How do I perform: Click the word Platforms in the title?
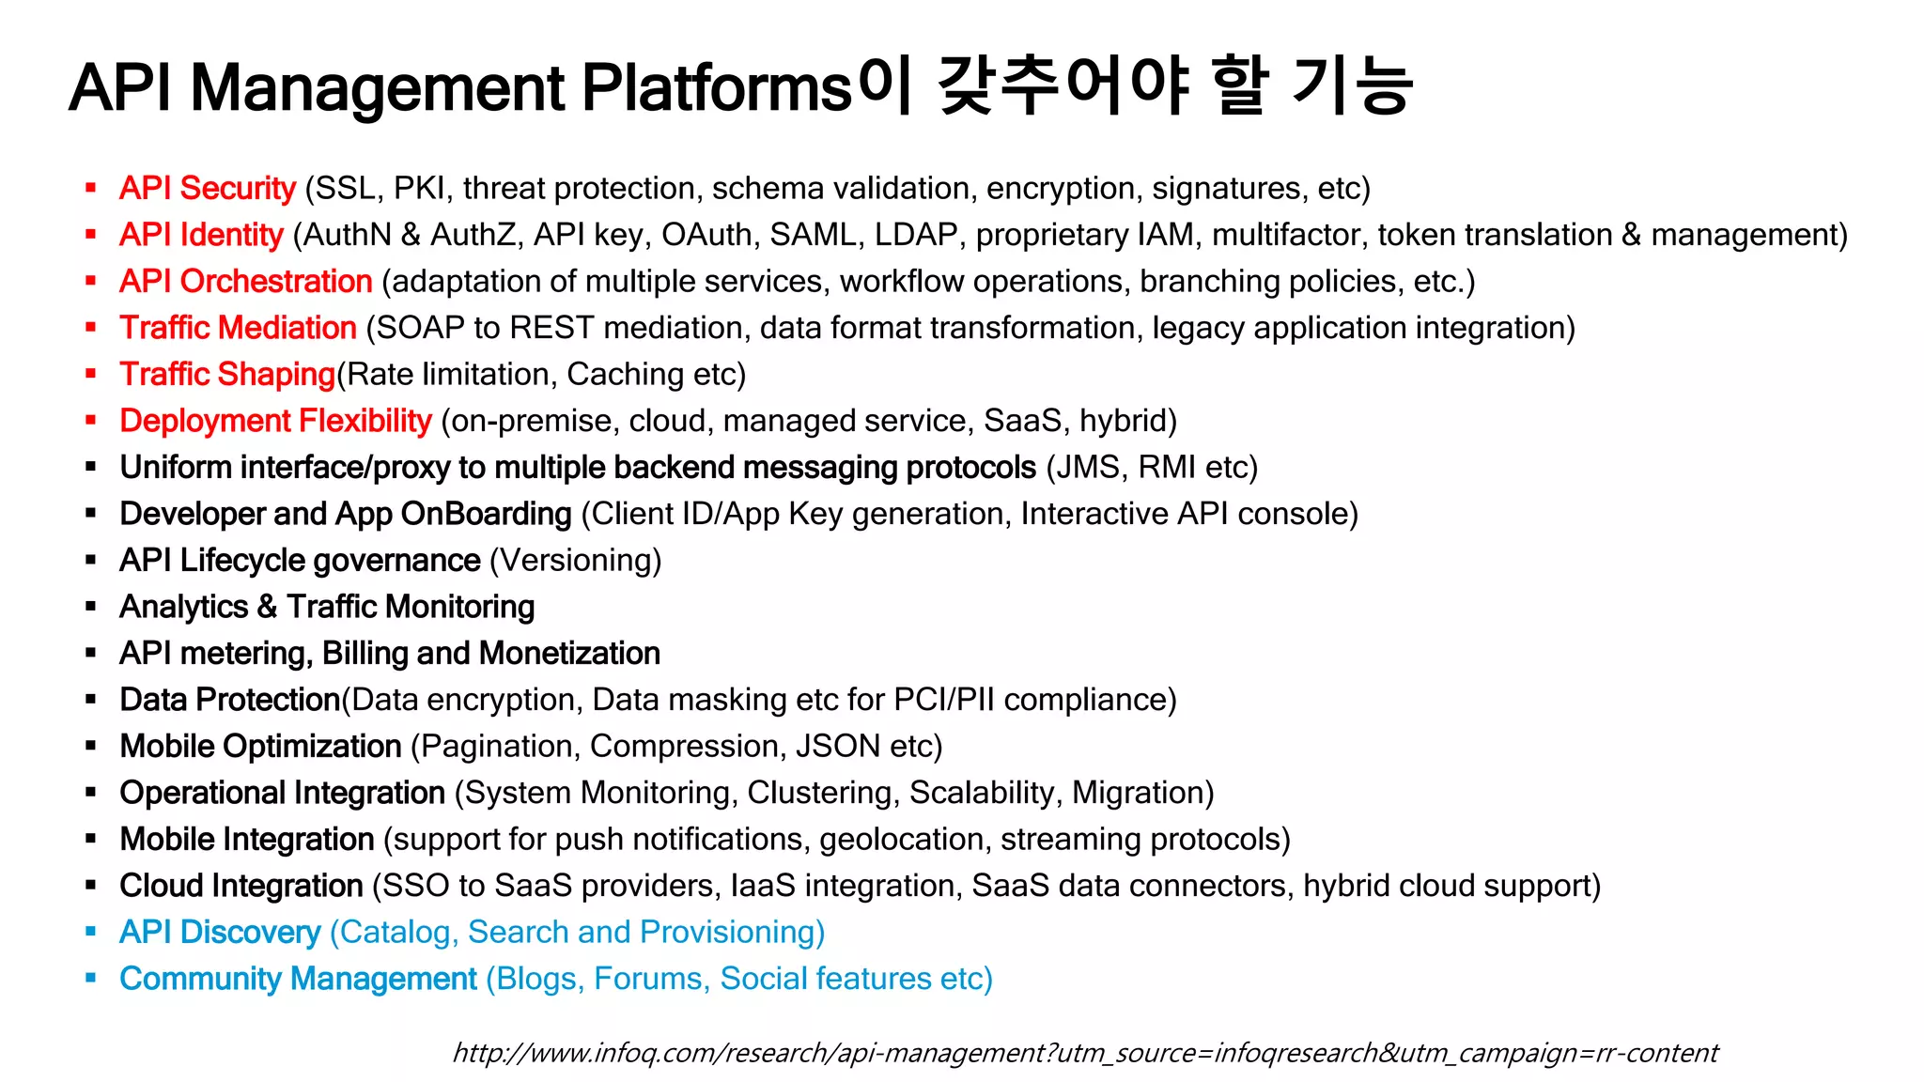click(716, 87)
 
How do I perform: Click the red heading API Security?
click(208, 188)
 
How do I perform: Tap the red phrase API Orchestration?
click(246, 281)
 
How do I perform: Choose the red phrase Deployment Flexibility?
click(275, 421)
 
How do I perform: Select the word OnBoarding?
click(486, 514)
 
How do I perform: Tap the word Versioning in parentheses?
click(575, 561)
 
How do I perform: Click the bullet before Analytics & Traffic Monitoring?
click(91, 607)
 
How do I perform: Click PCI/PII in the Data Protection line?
click(943, 700)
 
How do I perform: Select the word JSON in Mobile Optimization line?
click(838, 747)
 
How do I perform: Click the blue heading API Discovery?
click(220, 932)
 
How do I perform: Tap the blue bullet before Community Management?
click(91, 979)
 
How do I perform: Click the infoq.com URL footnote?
click(1085, 1053)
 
